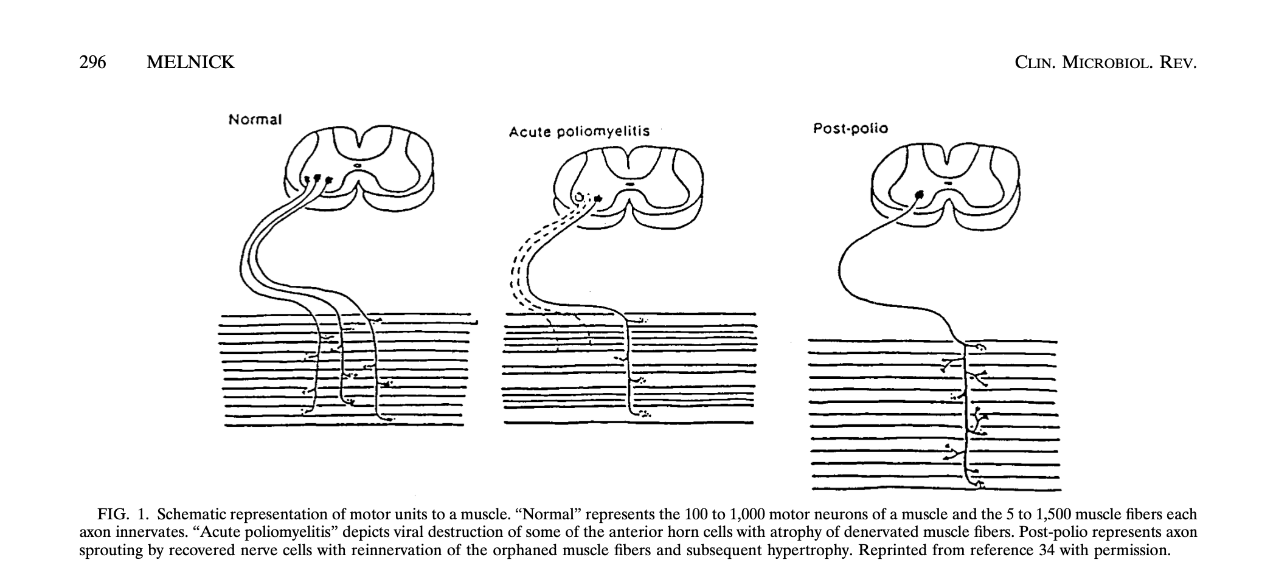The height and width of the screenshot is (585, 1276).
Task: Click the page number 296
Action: pos(93,63)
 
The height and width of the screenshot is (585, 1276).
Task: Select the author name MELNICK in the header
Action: pos(190,63)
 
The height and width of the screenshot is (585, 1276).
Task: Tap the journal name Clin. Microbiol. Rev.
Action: pos(1106,63)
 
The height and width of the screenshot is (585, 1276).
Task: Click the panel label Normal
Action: pos(255,119)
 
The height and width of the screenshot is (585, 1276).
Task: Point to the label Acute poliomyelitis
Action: pos(579,131)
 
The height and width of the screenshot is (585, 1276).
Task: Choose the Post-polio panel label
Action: pos(850,129)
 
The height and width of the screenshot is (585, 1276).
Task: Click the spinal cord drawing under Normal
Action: pos(359,168)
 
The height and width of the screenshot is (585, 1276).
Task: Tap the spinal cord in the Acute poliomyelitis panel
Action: pos(628,188)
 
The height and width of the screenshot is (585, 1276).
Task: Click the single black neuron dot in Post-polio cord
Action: pos(920,194)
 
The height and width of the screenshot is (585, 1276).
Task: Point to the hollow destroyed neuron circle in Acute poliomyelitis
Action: pos(579,198)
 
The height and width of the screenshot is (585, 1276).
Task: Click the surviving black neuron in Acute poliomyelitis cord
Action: pos(598,198)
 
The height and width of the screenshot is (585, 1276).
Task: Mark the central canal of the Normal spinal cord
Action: pos(358,164)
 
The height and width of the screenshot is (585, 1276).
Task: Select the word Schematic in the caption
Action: pos(192,514)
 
